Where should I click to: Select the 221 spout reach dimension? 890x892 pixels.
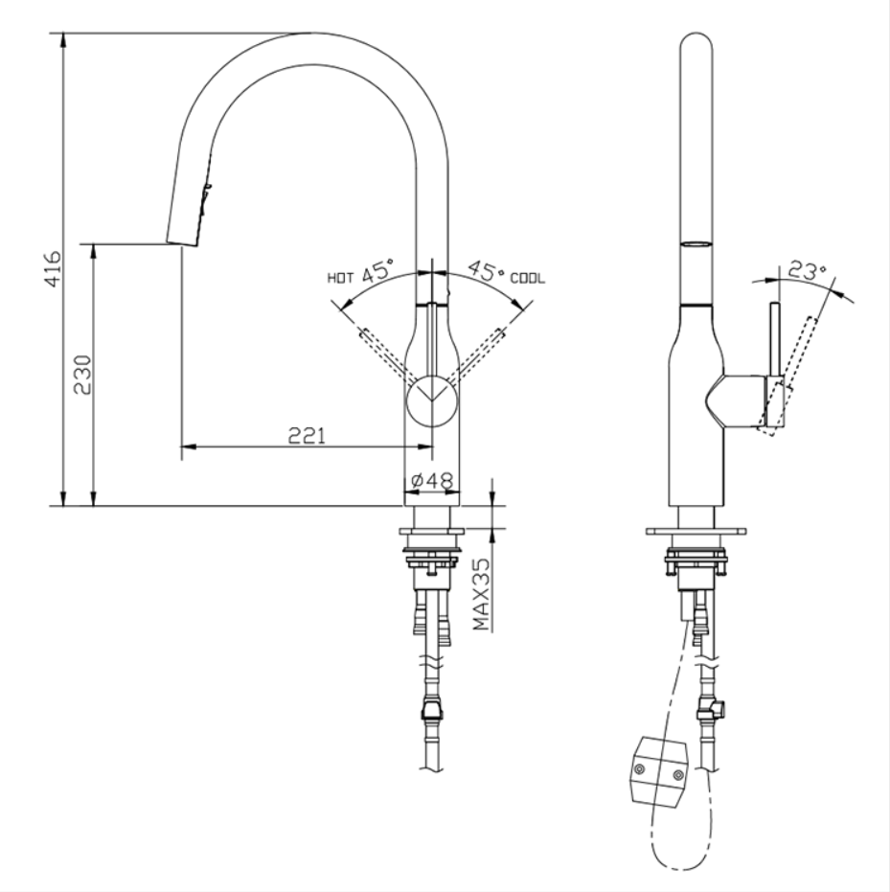coord(308,435)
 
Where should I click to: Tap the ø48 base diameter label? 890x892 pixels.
coord(431,481)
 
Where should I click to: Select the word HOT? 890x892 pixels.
coord(341,279)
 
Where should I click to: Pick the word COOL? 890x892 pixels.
coord(527,279)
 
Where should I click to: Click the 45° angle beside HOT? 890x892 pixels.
coord(378,272)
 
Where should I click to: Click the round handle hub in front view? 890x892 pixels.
coord(433,400)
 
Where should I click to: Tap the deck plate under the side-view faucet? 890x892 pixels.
coord(696,530)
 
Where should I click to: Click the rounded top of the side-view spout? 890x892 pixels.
coord(696,48)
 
